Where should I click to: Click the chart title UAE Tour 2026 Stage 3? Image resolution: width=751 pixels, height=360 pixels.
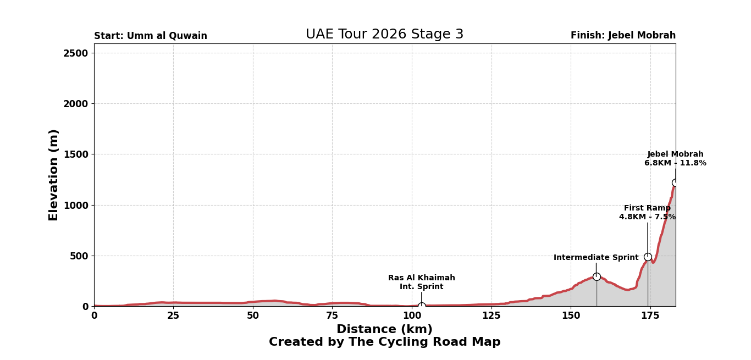click(384, 35)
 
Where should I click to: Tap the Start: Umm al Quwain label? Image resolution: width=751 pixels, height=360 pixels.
click(151, 36)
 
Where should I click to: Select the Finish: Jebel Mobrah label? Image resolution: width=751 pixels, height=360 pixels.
click(623, 36)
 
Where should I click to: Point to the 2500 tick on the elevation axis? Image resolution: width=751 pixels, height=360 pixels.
click(76, 53)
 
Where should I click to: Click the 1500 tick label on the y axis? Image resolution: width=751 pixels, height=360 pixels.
click(76, 154)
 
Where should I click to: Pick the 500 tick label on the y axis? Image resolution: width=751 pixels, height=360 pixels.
click(79, 256)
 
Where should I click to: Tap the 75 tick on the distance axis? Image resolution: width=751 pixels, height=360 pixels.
click(332, 316)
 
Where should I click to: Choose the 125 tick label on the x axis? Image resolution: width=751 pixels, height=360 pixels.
click(491, 316)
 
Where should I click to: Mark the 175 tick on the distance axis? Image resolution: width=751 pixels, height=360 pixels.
click(650, 316)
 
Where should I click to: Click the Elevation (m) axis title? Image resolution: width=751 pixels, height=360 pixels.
click(54, 175)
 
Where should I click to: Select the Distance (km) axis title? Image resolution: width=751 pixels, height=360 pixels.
click(384, 330)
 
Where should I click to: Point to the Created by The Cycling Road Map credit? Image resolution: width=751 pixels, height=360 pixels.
click(384, 342)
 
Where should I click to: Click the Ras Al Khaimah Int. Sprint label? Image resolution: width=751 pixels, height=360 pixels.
click(422, 283)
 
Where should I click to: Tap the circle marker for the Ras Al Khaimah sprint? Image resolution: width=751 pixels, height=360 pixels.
click(422, 306)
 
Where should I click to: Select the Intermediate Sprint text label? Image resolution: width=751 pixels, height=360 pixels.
click(596, 258)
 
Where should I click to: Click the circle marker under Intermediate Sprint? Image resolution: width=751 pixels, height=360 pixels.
click(597, 276)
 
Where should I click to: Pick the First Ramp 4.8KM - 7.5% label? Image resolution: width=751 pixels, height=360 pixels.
click(647, 213)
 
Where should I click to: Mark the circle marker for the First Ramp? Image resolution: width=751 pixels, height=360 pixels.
click(648, 257)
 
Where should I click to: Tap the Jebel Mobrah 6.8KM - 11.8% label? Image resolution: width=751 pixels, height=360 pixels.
click(675, 159)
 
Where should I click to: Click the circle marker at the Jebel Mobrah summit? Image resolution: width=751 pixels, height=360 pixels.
click(675, 183)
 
